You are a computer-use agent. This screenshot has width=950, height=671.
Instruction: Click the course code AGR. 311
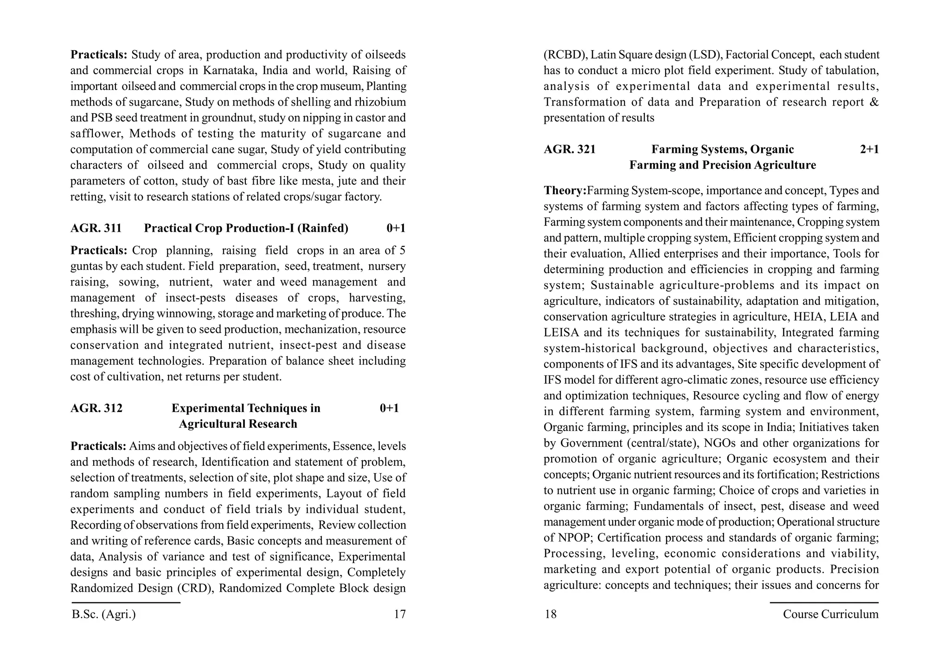[x=96, y=228]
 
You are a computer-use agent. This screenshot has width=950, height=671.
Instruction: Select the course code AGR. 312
[x=96, y=408]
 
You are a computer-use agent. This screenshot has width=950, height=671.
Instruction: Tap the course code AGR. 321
[x=570, y=150]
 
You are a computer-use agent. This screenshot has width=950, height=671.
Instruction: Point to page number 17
[x=399, y=614]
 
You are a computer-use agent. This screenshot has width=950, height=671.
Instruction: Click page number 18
[x=550, y=614]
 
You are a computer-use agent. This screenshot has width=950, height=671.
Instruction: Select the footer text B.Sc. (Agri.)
[x=104, y=614]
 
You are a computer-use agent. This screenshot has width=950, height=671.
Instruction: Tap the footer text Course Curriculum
[x=830, y=614]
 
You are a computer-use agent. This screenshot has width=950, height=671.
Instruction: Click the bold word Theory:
[x=565, y=190]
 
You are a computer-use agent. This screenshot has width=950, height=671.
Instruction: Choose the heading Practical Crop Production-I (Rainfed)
[x=246, y=228]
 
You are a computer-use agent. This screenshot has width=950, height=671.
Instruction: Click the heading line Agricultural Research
[x=238, y=424]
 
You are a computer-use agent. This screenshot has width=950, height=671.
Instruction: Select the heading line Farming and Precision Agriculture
[x=722, y=165]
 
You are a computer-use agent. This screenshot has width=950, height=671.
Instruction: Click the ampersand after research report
[x=873, y=102]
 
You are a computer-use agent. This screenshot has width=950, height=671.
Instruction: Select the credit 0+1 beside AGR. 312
[x=389, y=408]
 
